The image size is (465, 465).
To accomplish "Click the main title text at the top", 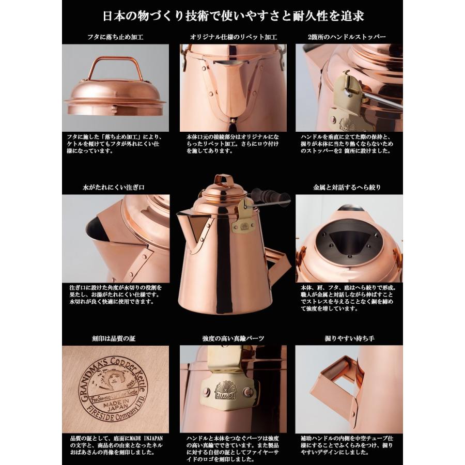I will click(x=233, y=16).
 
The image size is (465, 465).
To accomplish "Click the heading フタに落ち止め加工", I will click(x=115, y=37).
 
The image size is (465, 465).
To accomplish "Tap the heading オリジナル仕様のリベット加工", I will click(x=233, y=37).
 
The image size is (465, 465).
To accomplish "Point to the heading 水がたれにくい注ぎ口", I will click(x=115, y=188).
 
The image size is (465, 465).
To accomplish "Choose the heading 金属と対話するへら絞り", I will click(x=350, y=188).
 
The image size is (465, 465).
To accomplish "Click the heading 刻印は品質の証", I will click(x=115, y=338).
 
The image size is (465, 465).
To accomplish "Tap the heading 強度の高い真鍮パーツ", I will click(x=233, y=338).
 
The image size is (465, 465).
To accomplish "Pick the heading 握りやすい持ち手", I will click(x=350, y=338).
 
